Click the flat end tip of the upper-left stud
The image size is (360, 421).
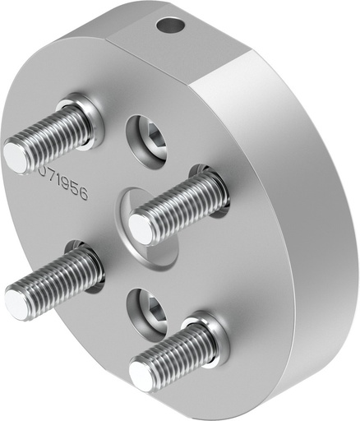[16, 155]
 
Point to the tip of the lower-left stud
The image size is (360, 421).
[19, 302]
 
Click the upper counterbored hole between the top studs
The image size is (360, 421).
[148, 137]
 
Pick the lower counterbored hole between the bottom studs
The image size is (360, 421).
[148, 312]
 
